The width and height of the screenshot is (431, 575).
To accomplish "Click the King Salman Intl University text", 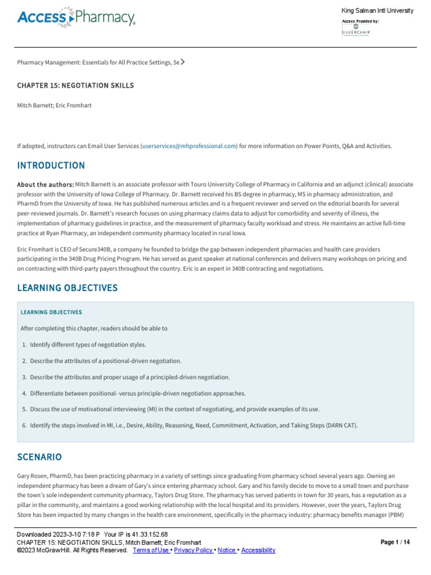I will tap(377, 11).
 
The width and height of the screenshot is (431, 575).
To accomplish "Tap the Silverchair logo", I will tap(356, 29).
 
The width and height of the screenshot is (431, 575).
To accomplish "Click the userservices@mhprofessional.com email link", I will tap(190, 146).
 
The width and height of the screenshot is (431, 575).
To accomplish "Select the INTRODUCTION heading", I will tap(51, 166).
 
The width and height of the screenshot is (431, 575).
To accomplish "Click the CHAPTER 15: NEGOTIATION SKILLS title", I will tap(76, 85).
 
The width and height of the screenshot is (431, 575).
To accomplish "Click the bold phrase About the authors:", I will tap(45, 185).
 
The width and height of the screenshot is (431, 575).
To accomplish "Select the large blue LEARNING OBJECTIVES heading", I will tap(67, 288).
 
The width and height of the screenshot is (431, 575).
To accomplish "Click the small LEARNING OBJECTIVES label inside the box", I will tap(51, 312).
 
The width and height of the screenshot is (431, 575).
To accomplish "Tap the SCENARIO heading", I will tap(39, 457).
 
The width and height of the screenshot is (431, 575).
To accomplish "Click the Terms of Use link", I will tap(152, 550).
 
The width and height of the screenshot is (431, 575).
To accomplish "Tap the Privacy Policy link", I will tap(193, 550).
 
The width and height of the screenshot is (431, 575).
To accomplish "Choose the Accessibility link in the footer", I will tap(258, 550).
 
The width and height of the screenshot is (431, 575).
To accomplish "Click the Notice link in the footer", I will tap(227, 550).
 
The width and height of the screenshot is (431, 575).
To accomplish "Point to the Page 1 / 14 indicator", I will tap(395, 542).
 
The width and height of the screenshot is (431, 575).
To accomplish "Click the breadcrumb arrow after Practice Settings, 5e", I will tap(183, 62).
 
